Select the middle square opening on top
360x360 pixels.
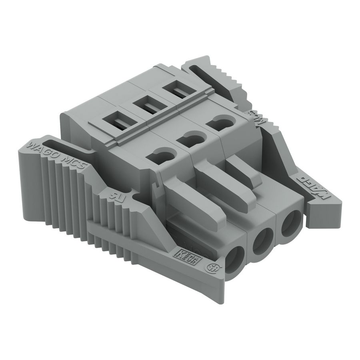tap(146, 106)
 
